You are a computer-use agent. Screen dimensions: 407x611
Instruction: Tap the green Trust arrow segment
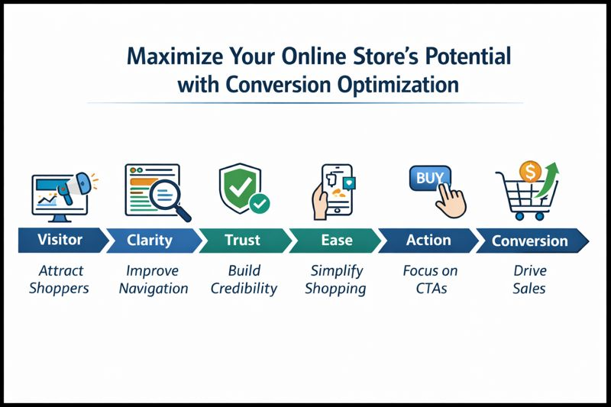pyautogui.click(x=243, y=241)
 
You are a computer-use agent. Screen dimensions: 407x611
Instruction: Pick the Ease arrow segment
pyautogui.click(x=336, y=241)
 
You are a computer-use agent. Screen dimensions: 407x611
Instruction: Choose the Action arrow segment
pyautogui.click(x=428, y=241)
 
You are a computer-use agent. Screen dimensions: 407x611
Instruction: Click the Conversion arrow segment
pyautogui.click(x=529, y=241)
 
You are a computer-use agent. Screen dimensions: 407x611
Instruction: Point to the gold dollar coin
pyautogui.click(x=529, y=170)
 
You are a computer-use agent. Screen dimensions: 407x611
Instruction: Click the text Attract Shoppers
pyautogui.click(x=60, y=279)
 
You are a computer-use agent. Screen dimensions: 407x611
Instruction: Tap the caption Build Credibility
pyautogui.click(x=244, y=279)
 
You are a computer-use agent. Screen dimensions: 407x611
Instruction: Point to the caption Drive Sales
pyautogui.click(x=529, y=279)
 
